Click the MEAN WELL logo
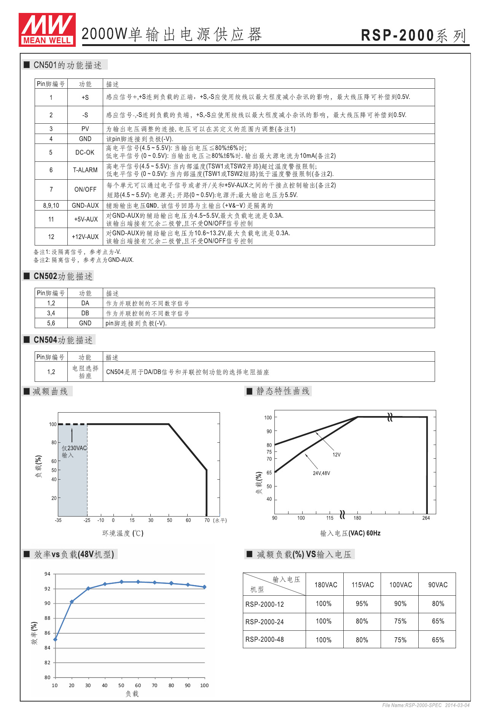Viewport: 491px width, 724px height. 47,30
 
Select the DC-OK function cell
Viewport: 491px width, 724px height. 85,152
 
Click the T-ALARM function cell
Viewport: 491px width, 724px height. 85,170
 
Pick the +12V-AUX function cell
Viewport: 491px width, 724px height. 85,237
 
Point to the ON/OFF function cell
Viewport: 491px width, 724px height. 85,190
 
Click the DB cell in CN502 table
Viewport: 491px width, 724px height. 85,313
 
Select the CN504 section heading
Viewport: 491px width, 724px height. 63,340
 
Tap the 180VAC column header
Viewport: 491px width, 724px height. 326,585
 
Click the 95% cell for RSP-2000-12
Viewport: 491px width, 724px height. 362,604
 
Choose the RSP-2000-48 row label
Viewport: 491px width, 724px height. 265,639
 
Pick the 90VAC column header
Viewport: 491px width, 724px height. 438,585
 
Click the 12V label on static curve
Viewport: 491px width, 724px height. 336,454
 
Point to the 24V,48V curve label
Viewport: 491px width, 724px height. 321,473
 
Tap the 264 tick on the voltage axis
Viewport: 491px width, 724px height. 426,518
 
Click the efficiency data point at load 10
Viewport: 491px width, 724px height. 55,639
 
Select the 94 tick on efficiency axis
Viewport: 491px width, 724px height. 47,574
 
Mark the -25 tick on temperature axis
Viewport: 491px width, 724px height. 87,520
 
